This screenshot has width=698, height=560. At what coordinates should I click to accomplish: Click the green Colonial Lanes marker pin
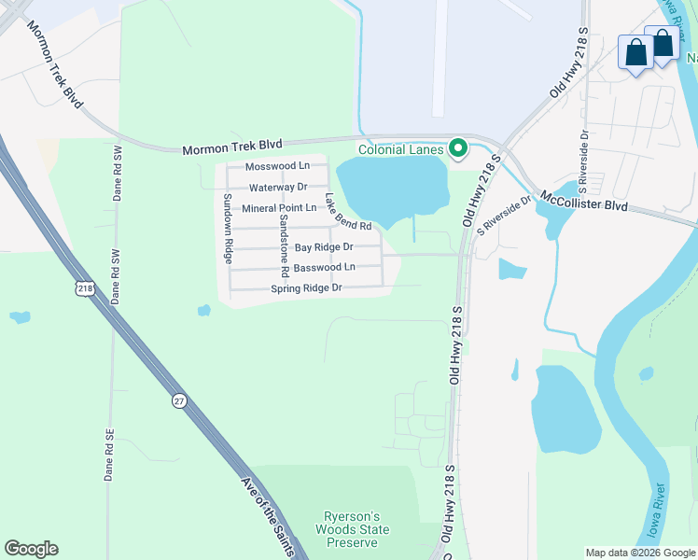tap(458, 148)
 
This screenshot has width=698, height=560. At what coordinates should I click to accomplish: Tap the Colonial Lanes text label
tap(401, 149)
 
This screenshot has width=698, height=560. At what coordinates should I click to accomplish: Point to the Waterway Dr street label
tap(278, 188)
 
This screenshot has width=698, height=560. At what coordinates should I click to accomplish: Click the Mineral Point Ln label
tap(279, 208)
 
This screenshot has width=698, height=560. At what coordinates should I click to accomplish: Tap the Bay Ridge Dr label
tap(324, 247)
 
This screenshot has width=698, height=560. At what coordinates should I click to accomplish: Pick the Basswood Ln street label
tap(324, 267)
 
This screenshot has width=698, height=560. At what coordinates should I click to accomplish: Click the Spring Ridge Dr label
tap(307, 288)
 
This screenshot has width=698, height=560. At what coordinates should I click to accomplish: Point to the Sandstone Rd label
tap(283, 245)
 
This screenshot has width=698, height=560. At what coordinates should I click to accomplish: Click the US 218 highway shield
tap(86, 290)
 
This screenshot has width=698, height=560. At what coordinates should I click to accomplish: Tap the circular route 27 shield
tap(178, 400)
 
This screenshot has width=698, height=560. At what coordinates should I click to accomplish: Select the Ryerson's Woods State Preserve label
tap(356, 530)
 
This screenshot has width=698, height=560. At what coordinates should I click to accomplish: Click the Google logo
tap(31, 549)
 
